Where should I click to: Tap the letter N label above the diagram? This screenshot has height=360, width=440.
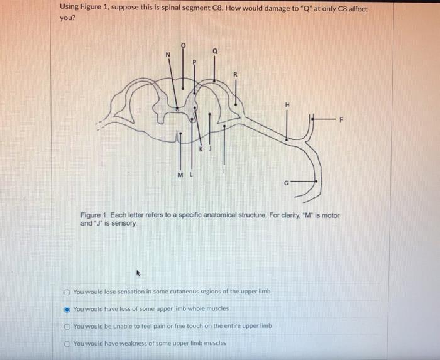(x=167, y=55)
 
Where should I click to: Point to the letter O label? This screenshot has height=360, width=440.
(x=183, y=46)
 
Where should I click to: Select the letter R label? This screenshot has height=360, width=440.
(x=236, y=74)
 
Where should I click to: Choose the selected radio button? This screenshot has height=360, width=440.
(x=67, y=309)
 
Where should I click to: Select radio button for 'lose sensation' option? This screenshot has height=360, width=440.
(x=67, y=292)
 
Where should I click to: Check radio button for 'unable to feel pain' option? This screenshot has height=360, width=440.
(x=67, y=326)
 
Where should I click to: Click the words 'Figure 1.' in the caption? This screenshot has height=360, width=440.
(x=94, y=215)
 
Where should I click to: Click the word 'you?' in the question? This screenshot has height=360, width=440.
(x=67, y=18)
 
